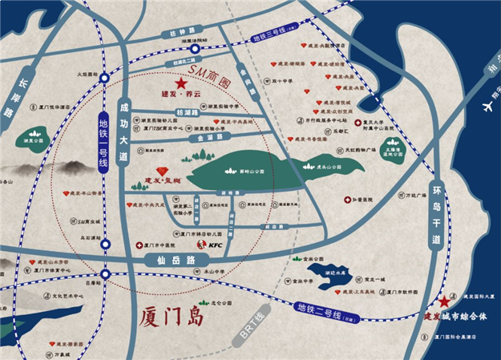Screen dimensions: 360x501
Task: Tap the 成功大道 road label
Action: (x=123, y=131)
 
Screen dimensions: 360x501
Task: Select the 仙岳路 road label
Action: (x=170, y=261)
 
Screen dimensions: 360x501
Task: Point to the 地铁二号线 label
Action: (x=317, y=305)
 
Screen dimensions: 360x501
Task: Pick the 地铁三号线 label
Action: (x=273, y=37)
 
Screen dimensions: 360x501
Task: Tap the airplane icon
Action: (x=487, y=105)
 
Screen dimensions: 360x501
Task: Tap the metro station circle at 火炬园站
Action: (x=105, y=78)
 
